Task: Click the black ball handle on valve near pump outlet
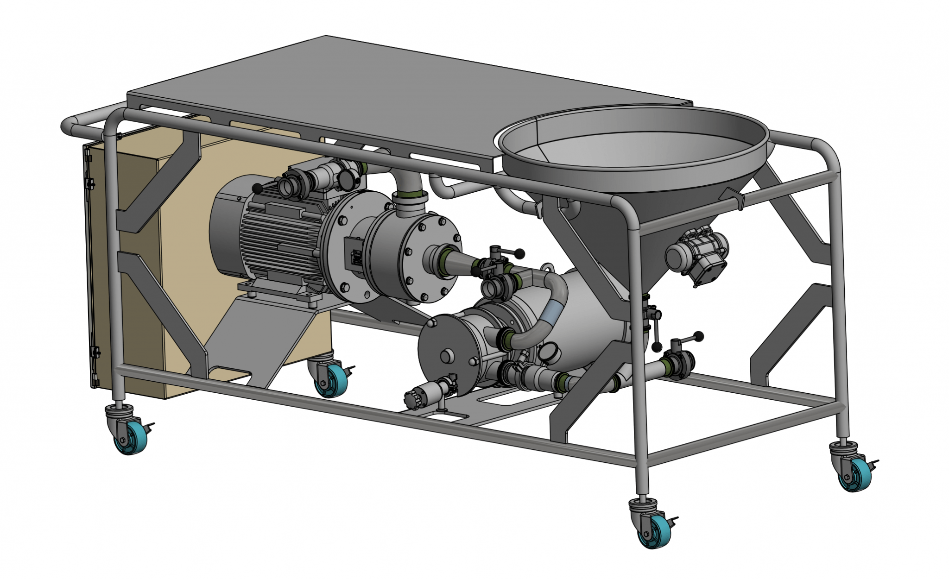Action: click(520, 253)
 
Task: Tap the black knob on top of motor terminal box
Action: click(257, 189)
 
